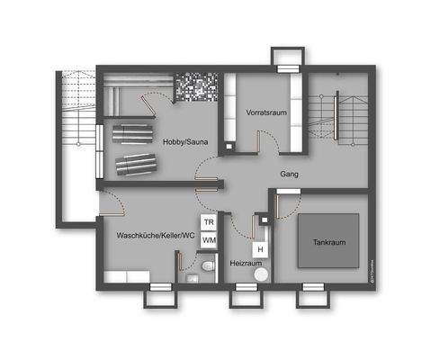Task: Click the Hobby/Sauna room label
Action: (188, 141)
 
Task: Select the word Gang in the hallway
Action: (289, 174)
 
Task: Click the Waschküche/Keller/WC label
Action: (156, 236)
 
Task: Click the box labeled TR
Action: (208, 221)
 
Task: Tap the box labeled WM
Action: (208, 239)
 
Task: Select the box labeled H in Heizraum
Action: (260, 248)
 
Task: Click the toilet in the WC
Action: (208, 267)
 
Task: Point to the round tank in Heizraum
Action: (261, 274)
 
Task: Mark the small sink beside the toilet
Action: (193, 278)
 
